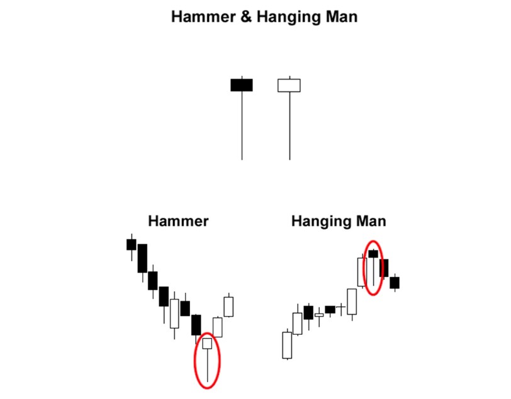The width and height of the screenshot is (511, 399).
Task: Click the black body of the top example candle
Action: point(242,85)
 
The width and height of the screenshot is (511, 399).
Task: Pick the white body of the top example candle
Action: point(289,85)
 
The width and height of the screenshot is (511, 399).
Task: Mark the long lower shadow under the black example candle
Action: point(242,126)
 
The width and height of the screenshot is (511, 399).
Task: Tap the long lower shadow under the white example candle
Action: point(289,126)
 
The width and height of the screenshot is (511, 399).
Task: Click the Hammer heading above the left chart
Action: point(178,221)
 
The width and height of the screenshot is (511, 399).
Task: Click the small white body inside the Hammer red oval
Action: point(207,344)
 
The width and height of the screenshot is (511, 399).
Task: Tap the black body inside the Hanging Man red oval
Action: point(374,254)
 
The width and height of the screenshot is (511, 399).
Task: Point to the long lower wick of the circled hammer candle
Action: point(207,365)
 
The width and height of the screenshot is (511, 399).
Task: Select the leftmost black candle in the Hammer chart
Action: point(131,244)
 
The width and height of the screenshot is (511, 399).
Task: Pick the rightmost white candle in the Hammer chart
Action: point(228,306)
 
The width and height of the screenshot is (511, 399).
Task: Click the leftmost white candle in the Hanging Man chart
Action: point(287,345)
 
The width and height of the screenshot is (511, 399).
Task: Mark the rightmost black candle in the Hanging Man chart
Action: point(395,283)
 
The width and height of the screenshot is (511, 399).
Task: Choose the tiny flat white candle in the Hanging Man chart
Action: point(319,315)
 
